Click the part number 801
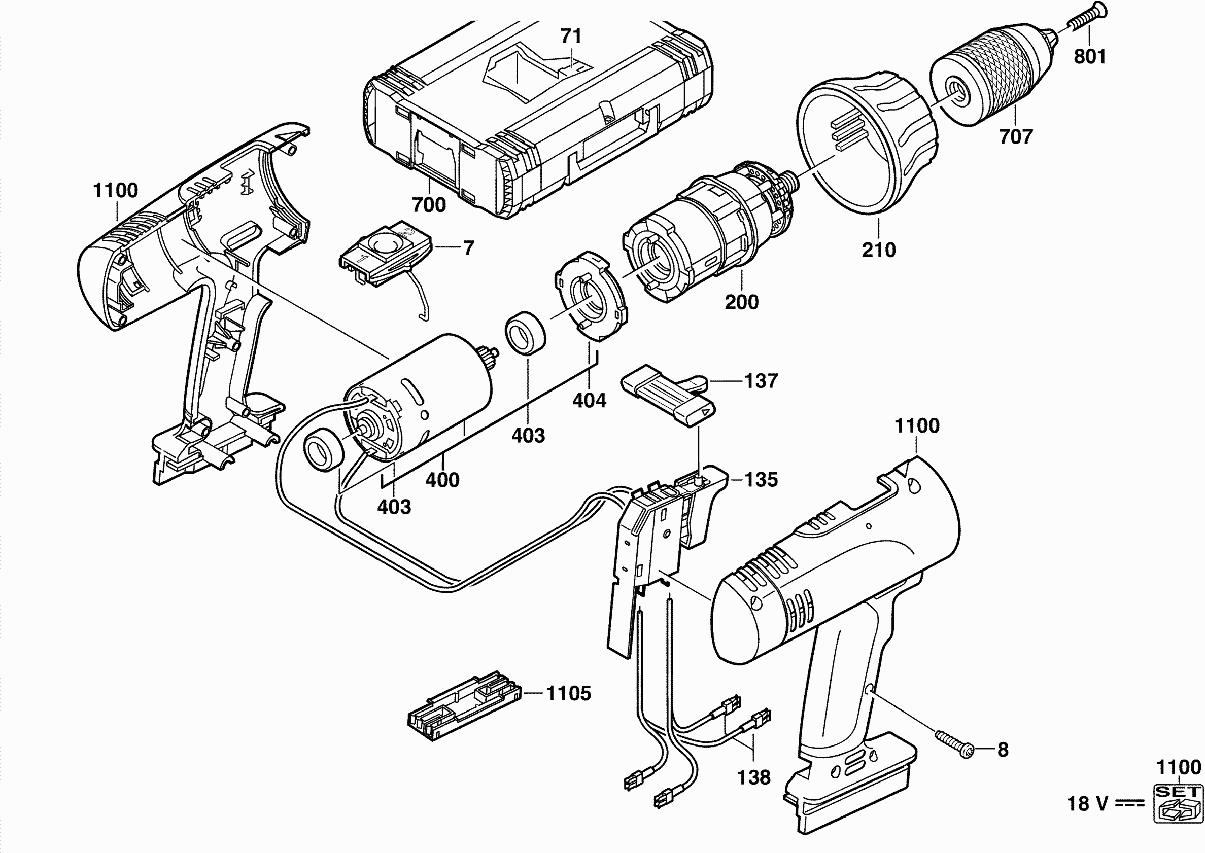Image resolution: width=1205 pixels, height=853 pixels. point(1090,56)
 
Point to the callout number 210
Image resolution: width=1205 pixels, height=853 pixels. point(878,250)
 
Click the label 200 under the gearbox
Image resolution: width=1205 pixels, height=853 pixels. point(741,302)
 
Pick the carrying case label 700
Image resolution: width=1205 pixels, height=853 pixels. point(429,205)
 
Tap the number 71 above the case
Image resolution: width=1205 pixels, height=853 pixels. point(571,36)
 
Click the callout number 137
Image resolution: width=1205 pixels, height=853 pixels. point(761,381)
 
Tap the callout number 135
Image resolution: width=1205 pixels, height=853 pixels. point(762,480)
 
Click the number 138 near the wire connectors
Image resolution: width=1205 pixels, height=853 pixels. point(753,777)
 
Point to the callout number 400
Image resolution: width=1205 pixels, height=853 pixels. point(442,480)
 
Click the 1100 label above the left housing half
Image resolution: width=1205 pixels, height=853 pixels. point(116,190)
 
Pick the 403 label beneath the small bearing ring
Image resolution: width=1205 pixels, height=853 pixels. point(528,436)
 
